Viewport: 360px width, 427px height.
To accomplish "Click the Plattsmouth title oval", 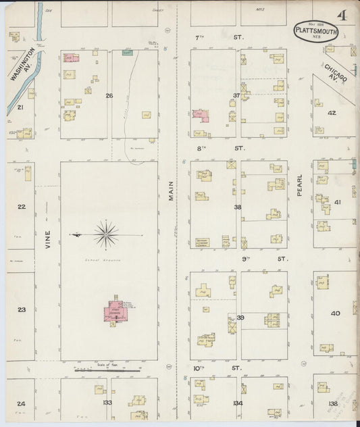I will click(315, 31).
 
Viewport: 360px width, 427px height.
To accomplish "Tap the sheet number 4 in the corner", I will click(344, 16).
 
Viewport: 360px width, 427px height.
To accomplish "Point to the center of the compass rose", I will click(106, 234).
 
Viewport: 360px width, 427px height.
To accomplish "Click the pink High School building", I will click(115, 311).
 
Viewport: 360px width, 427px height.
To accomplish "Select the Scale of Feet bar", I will click(108, 370).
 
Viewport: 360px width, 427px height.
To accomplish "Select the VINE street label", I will click(47, 242).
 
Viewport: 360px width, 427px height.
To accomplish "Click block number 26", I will click(109, 95).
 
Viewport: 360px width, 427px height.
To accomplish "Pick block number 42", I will click(332, 113).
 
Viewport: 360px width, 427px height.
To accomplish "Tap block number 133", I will click(107, 402).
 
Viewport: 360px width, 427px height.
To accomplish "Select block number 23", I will click(22, 309).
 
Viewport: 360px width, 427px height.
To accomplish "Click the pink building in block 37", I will click(201, 116).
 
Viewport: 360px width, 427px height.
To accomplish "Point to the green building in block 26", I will click(127, 52).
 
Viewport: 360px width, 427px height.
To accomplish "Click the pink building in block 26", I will click(71, 58).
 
